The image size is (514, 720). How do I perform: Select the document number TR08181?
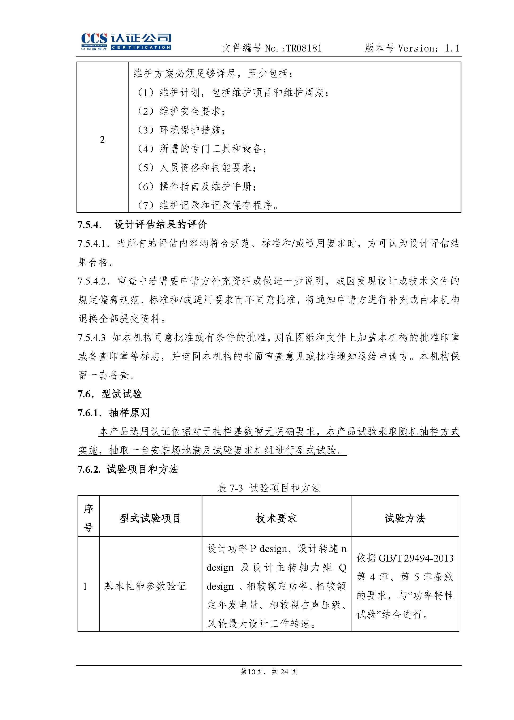click(304, 48)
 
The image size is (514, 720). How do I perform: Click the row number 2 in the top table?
click(102, 140)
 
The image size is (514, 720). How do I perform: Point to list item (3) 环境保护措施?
click(181, 130)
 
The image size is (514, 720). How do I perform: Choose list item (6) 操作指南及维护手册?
click(197, 187)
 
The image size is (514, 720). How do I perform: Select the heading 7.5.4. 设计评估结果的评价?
click(142, 225)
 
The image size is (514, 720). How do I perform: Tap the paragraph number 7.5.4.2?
click(94, 281)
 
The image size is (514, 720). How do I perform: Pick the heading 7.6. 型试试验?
click(110, 394)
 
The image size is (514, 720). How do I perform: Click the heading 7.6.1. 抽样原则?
click(113, 413)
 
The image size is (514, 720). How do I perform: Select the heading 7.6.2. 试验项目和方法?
click(128, 469)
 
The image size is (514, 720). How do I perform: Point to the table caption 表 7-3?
click(230, 488)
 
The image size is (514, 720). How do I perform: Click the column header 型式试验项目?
click(150, 518)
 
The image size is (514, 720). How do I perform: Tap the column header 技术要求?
click(276, 518)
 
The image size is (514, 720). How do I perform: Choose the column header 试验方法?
click(405, 518)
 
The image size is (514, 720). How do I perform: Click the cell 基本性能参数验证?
click(145, 586)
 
